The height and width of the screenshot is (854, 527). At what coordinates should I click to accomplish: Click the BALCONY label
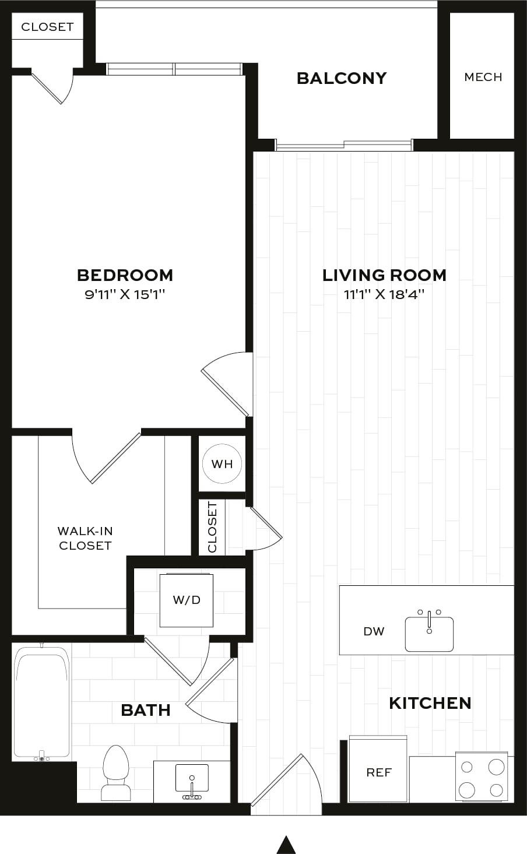click(342, 78)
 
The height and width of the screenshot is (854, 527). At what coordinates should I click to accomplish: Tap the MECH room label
click(483, 77)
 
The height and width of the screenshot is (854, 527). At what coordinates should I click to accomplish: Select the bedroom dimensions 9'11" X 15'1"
click(125, 294)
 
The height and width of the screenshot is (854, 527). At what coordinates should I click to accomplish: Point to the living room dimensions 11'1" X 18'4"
click(384, 294)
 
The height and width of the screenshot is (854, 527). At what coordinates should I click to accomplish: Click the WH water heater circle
click(222, 463)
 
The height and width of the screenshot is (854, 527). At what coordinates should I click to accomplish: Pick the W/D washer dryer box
click(187, 600)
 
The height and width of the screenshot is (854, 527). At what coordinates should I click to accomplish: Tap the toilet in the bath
click(115, 774)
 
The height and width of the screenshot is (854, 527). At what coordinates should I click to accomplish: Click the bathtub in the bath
click(42, 701)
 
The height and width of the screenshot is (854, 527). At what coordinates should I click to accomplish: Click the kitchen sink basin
click(429, 634)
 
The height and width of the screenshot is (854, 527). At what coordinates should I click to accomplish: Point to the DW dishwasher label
click(374, 631)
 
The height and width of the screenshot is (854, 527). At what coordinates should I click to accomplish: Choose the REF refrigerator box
click(378, 769)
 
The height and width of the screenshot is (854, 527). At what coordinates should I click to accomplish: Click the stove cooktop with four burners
click(482, 776)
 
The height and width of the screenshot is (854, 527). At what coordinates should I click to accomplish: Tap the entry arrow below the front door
click(286, 845)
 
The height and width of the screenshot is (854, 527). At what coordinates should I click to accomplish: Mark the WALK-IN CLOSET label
click(85, 538)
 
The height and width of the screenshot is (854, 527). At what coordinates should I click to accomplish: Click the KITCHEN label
click(430, 704)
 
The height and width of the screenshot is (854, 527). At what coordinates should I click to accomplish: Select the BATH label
click(146, 710)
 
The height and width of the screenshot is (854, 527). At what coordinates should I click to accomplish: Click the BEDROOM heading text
click(125, 275)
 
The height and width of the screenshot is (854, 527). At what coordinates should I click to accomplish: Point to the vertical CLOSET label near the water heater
click(212, 526)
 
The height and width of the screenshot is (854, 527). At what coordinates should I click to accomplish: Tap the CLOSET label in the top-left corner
click(47, 27)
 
